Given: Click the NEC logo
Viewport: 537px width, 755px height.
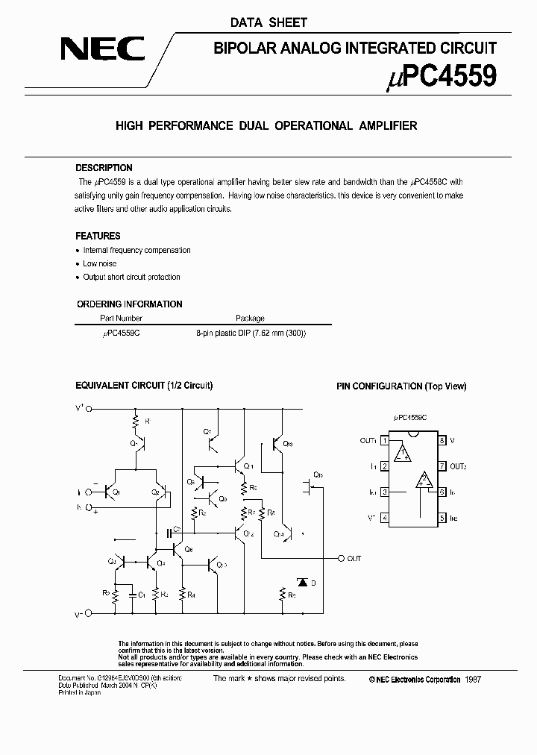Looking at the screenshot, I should click(103, 51).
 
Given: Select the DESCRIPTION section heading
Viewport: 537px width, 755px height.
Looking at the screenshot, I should click(104, 168).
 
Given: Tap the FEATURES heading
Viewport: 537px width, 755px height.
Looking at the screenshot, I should click(98, 236).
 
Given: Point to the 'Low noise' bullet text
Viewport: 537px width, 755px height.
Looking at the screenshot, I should click(99, 263).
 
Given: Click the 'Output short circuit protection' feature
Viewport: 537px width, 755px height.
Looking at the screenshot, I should click(131, 277).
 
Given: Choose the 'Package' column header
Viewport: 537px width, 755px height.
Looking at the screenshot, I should click(250, 318).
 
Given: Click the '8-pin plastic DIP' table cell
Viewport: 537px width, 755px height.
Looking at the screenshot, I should click(251, 333).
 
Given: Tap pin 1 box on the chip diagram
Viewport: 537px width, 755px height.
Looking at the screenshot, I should click(385, 441).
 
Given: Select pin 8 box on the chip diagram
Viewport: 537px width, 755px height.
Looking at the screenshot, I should click(442, 441).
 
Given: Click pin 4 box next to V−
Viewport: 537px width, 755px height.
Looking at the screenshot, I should click(385, 518).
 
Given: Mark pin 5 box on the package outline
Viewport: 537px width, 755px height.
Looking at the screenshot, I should click(442, 518).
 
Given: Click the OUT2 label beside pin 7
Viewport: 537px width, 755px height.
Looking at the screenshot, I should click(459, 466).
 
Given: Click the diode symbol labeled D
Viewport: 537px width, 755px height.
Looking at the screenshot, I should click(302, 581).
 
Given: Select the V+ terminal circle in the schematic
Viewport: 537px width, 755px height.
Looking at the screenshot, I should click(89, 409).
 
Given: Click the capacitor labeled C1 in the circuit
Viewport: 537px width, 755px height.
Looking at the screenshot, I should click(131, 595).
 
